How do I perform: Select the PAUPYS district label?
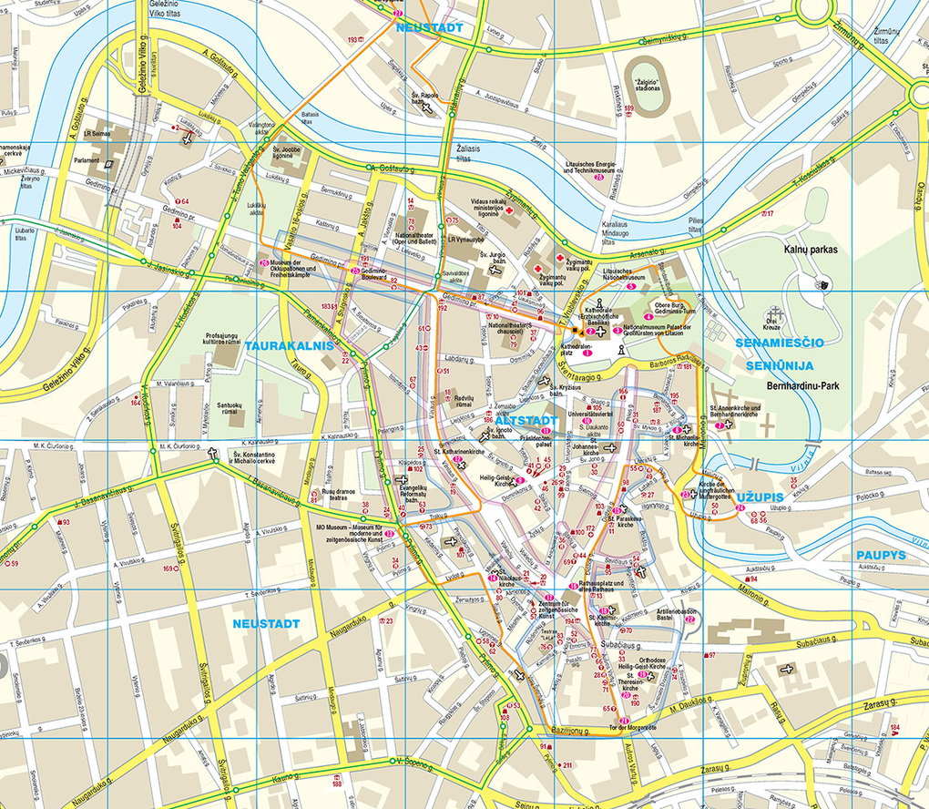pyautogui.click(x=881, y=555)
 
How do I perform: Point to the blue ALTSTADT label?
pyautogui.click(x=526, y=421)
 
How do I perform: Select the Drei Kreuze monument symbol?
pyautogui.click(x=773, y=313)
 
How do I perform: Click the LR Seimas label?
pyautogui.click(x=96, y=134)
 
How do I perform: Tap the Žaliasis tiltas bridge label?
pyautogui.click(x=471, y=151)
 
